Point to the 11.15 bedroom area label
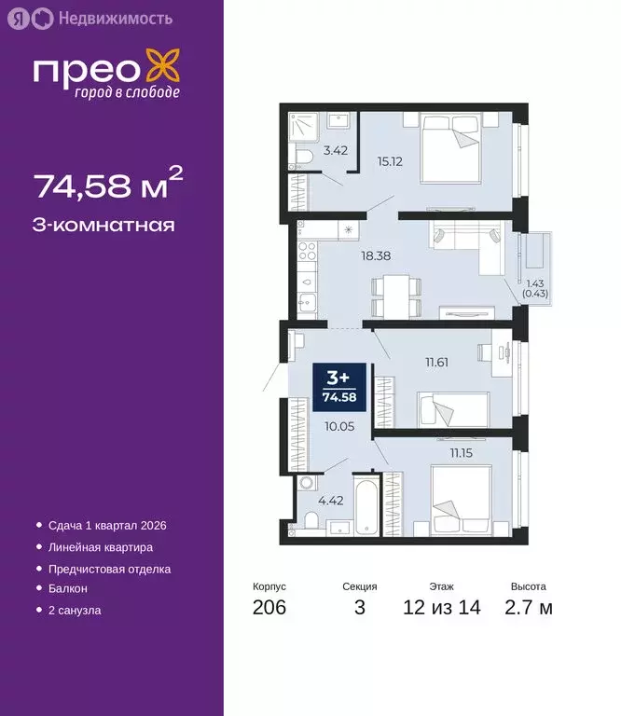tap(462, 452)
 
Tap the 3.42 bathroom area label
tap(336, 148)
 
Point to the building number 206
tap(269, 608)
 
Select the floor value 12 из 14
tap(442, 608)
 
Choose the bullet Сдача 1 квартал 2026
tap(103, 526)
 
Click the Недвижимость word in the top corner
tap(102, 18)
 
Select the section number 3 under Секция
tap(359, 608)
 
